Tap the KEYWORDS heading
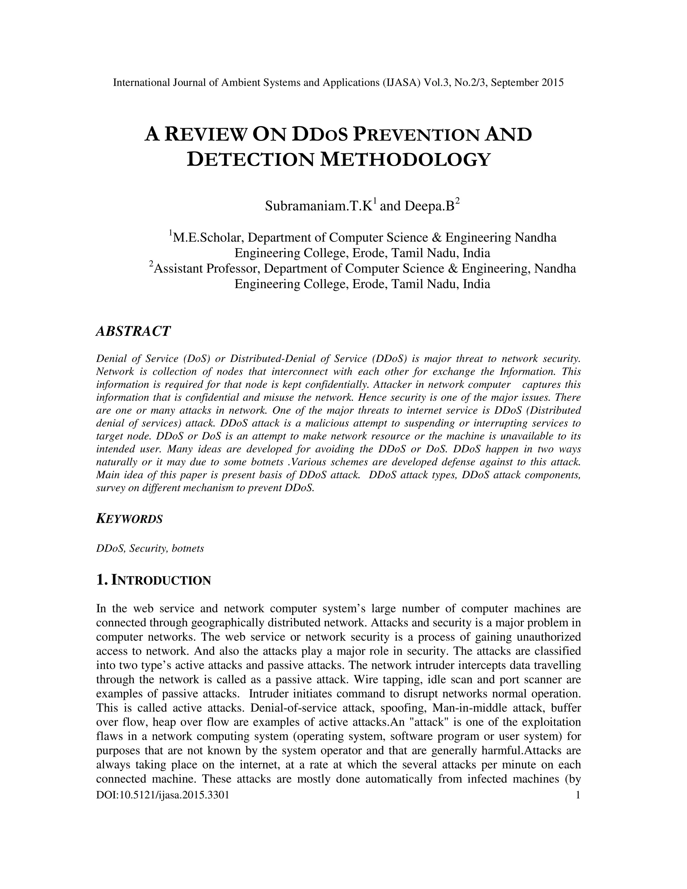pyautogui.click(x=129, y=519)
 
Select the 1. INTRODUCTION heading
pyautogui.click(x=153, y=580)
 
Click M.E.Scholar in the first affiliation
pyautogui.click(x=208, y=237)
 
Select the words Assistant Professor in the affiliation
pyautogui.click(x=206, y=269)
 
